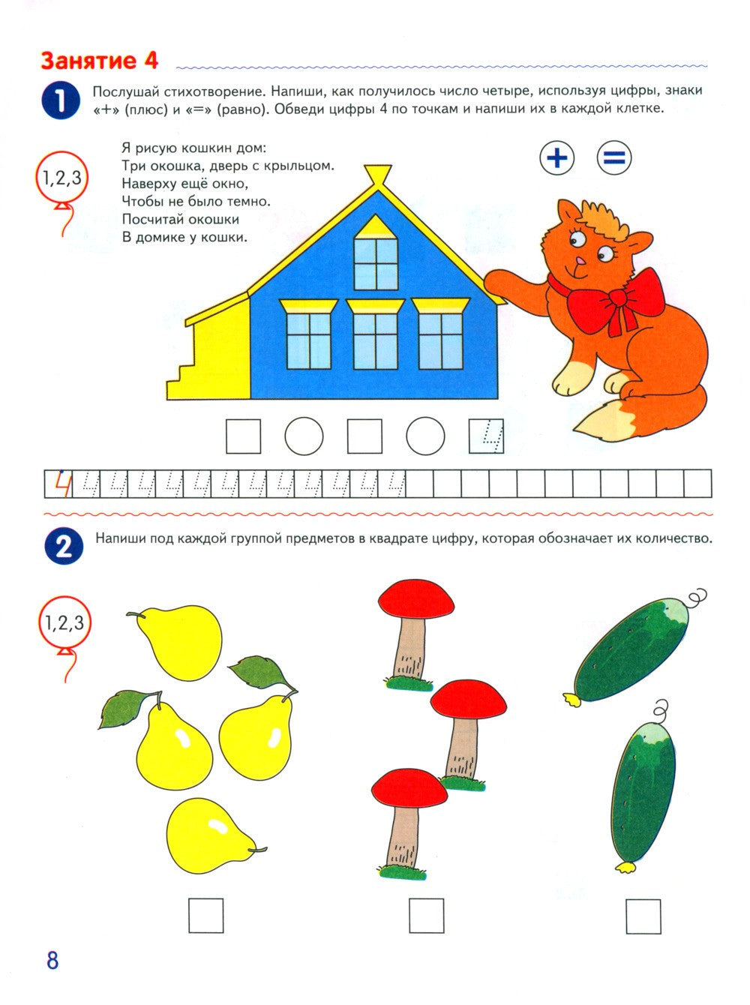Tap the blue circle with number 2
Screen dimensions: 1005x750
click(63, 547)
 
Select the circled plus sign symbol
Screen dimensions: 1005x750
click(557, 157)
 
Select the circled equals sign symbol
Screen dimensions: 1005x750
click(614, 157)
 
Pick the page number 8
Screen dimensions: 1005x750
click(52, 961)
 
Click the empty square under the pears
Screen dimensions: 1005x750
click(205, 915)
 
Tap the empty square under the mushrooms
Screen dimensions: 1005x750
click(426, 915)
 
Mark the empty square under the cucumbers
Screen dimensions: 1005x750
click(643, 915)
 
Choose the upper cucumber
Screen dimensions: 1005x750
click(631, 649)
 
